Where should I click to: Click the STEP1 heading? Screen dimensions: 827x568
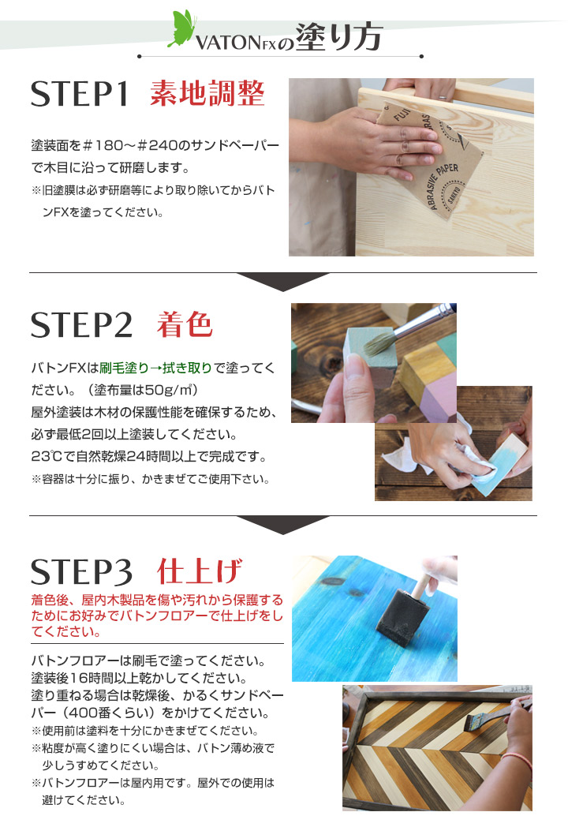point(79,94)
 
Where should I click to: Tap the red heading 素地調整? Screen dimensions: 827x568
point(207,94)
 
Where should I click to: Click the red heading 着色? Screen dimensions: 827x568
point(185,324)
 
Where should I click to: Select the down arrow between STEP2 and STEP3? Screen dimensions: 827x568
point(283,524)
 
